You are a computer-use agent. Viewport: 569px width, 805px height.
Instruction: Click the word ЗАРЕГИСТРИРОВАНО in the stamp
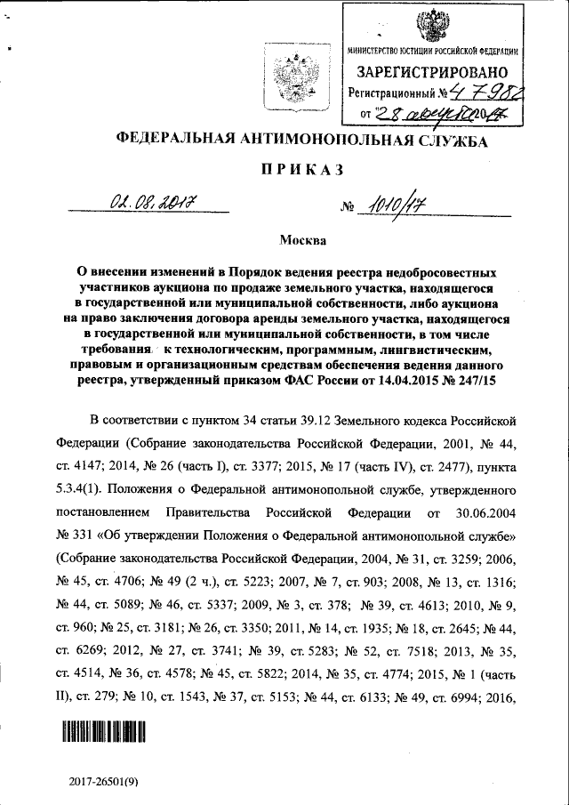(432, 71)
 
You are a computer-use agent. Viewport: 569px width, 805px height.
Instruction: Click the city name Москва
(303, 240)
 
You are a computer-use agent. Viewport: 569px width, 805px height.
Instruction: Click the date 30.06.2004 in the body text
(483, 513)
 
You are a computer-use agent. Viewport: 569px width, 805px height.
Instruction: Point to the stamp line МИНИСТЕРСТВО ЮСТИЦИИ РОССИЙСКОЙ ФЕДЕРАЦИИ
(432, 52)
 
